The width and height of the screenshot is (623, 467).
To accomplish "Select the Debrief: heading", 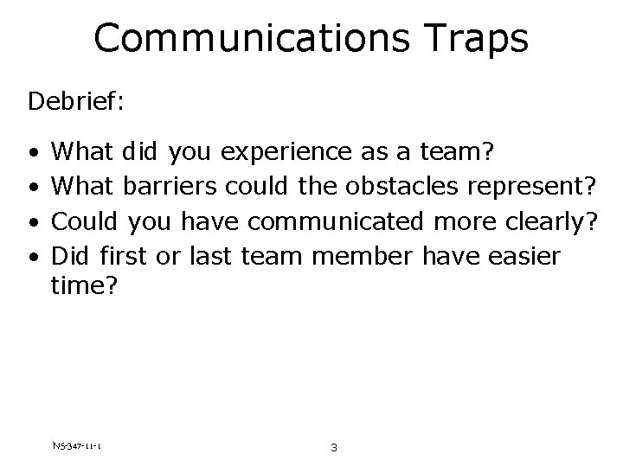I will pos(76,102).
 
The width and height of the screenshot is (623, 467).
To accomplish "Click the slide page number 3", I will pos(333,448).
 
